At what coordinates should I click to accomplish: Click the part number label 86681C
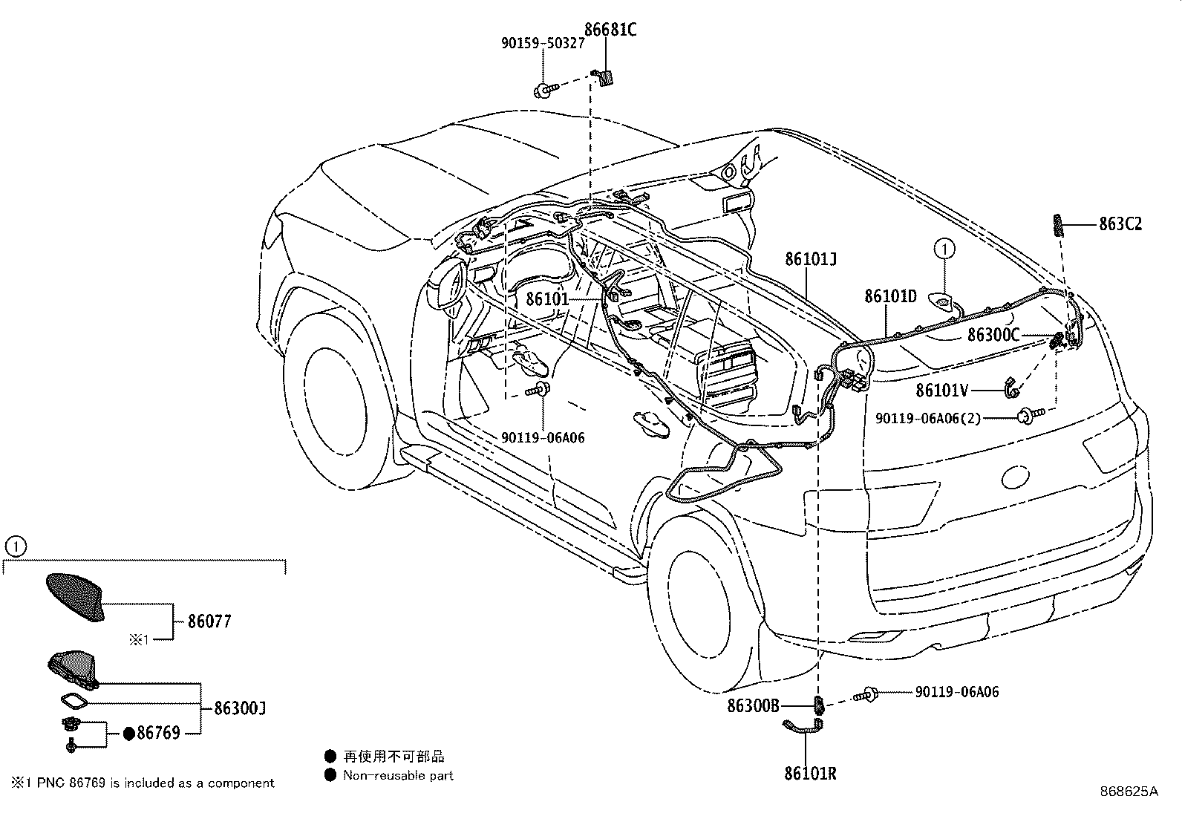point(610,30)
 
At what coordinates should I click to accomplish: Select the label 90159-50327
point(543,43)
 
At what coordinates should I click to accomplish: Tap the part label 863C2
point(1121,224)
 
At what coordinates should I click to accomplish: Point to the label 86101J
point(811,259)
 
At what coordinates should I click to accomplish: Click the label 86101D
point(891,296)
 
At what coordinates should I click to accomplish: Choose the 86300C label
point(993,335)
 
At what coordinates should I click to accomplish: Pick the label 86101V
point(942,391)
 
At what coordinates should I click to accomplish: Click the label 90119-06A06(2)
point(928,419)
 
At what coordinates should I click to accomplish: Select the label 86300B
point(753,705)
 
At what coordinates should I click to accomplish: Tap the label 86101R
point(810,773)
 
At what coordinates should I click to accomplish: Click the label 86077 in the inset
point(209,621)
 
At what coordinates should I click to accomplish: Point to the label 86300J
point(240,708)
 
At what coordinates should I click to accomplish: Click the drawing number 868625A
point(1129,791)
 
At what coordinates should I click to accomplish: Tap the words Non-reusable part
point(398,775)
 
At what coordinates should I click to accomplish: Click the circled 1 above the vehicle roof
point(944,249)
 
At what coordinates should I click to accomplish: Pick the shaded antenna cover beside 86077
point(76,597)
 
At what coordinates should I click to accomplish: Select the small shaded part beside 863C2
point(1057,226)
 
